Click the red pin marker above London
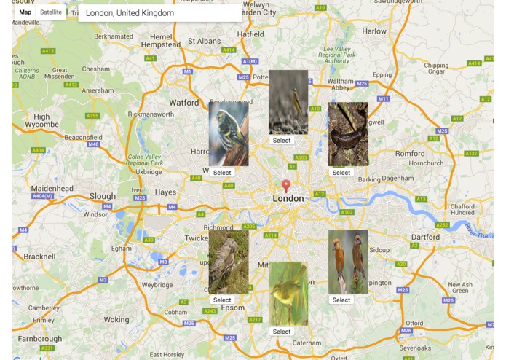click(x=286, y=186)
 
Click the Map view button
click(x=25, y=12)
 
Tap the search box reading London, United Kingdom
click(x=159, y=13)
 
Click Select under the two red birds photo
click(x=341, y=300)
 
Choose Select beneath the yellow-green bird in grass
click(x=282, y=332)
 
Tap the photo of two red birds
click(x=347, y=262)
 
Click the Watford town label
click(x=183, y=103)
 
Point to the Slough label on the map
click(x=103, y=196)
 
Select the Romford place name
click(x=410, y=154)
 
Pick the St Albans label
click(x=204, y=41)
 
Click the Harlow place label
click(x=374, y=31)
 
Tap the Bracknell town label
click(x=39, y=257)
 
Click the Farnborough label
click(x=40, y=339)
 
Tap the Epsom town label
click(x=234, y=308)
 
